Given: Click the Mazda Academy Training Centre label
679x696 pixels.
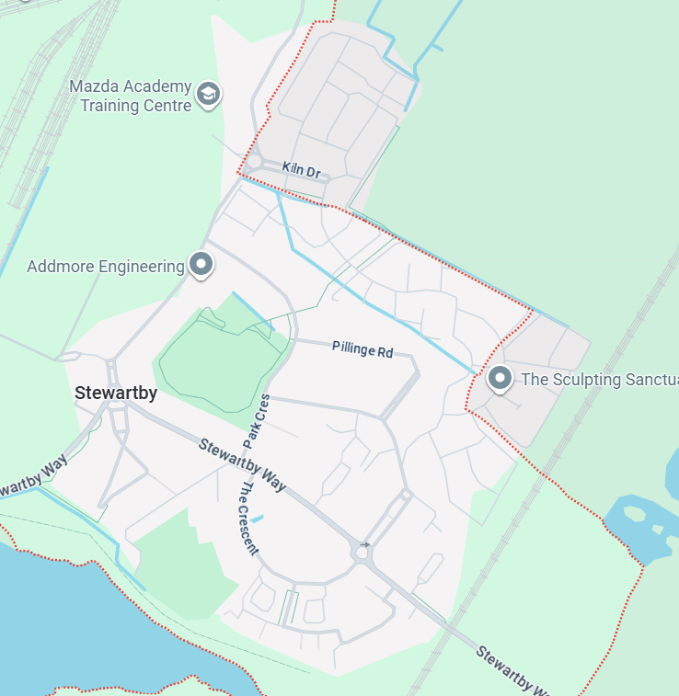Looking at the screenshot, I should (x=131, y=96).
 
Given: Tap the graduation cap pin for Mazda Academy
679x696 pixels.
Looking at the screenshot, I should (x=209, y=94).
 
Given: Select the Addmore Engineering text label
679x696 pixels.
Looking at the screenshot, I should (x=106, y=267).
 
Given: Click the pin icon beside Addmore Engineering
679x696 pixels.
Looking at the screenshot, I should (x=201, y=265).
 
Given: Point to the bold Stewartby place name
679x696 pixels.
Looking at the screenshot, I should (x=116, y=394).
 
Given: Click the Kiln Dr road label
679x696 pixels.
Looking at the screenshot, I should (x=301, y=171).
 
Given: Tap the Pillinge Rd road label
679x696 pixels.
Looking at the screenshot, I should (x=363, y=349).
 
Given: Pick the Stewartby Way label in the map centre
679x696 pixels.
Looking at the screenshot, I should (x=243, y=465).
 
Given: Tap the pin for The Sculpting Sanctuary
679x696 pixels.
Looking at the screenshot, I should (x=500, y=378).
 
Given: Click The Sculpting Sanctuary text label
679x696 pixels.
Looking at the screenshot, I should (x=599, y=379).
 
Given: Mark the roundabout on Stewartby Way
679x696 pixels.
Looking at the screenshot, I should (x=365, y=553).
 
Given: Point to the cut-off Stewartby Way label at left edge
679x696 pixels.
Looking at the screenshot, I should (x=33, y=475).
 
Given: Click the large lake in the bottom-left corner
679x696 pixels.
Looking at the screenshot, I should (x=83, y=625).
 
